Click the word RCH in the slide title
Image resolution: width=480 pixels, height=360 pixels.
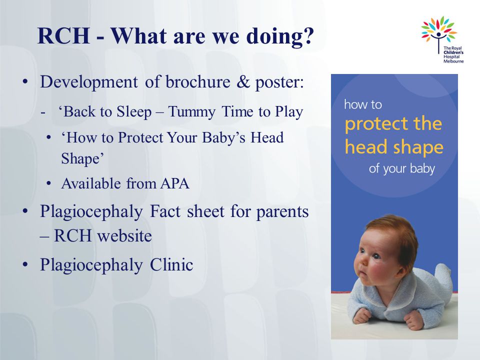pyautogui.click(x=63, y=36)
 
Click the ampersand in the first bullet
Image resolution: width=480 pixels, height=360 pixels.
pyautogui.click(x=243, y=82)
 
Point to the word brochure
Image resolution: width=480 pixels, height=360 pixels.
pyautogui.click(x=198, y=81)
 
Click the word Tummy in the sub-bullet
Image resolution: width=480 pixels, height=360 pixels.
pyautogui.click(x=191, y=112)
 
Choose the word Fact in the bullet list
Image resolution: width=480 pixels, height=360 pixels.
pyautogui.click(x=165, y=211)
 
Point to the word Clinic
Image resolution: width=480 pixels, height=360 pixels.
pyautogui.click(x=171, y=264)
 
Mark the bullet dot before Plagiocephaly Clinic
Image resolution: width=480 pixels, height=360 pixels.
pyautogui.click(x=25, y=265)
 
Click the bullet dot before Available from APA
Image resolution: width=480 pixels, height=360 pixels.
pyautogui.click(x=48, y=183)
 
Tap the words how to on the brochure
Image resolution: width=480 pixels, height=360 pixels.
pyautogui.click(x=363, y=104)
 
